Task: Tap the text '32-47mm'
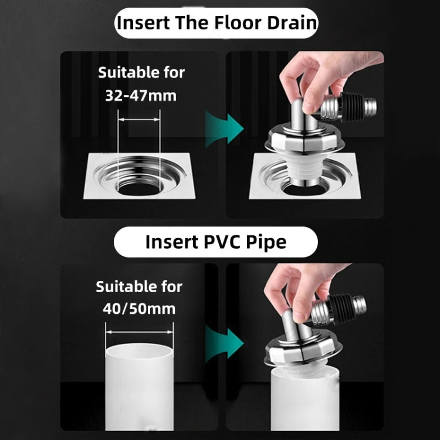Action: [141, 95]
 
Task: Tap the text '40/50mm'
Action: [140, 309]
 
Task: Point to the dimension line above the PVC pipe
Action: [140, 331]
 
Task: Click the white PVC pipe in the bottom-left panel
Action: [140, 387]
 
